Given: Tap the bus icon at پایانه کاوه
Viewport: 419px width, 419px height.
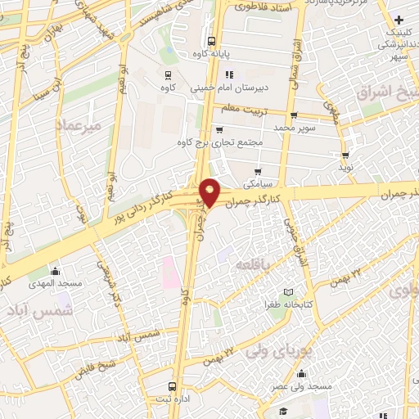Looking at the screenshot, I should (x=212, y=40).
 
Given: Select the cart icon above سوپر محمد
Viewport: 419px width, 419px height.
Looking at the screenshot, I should (x=293, y=115).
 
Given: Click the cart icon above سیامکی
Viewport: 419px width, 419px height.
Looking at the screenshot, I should (x=258, y=172).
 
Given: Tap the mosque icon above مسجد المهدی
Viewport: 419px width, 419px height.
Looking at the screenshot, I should (x=55, y=271).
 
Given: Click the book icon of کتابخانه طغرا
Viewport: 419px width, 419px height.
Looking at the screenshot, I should (x=287, y=291).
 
